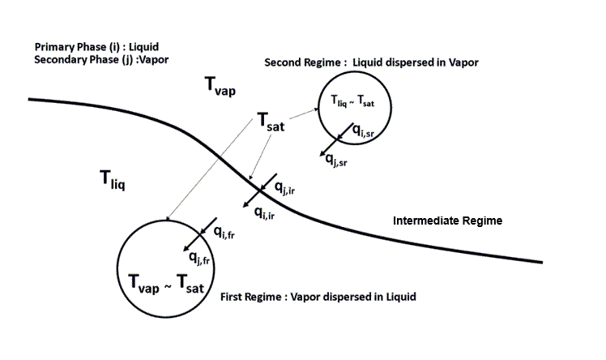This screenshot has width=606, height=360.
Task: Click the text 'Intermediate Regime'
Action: click(448, 221)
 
